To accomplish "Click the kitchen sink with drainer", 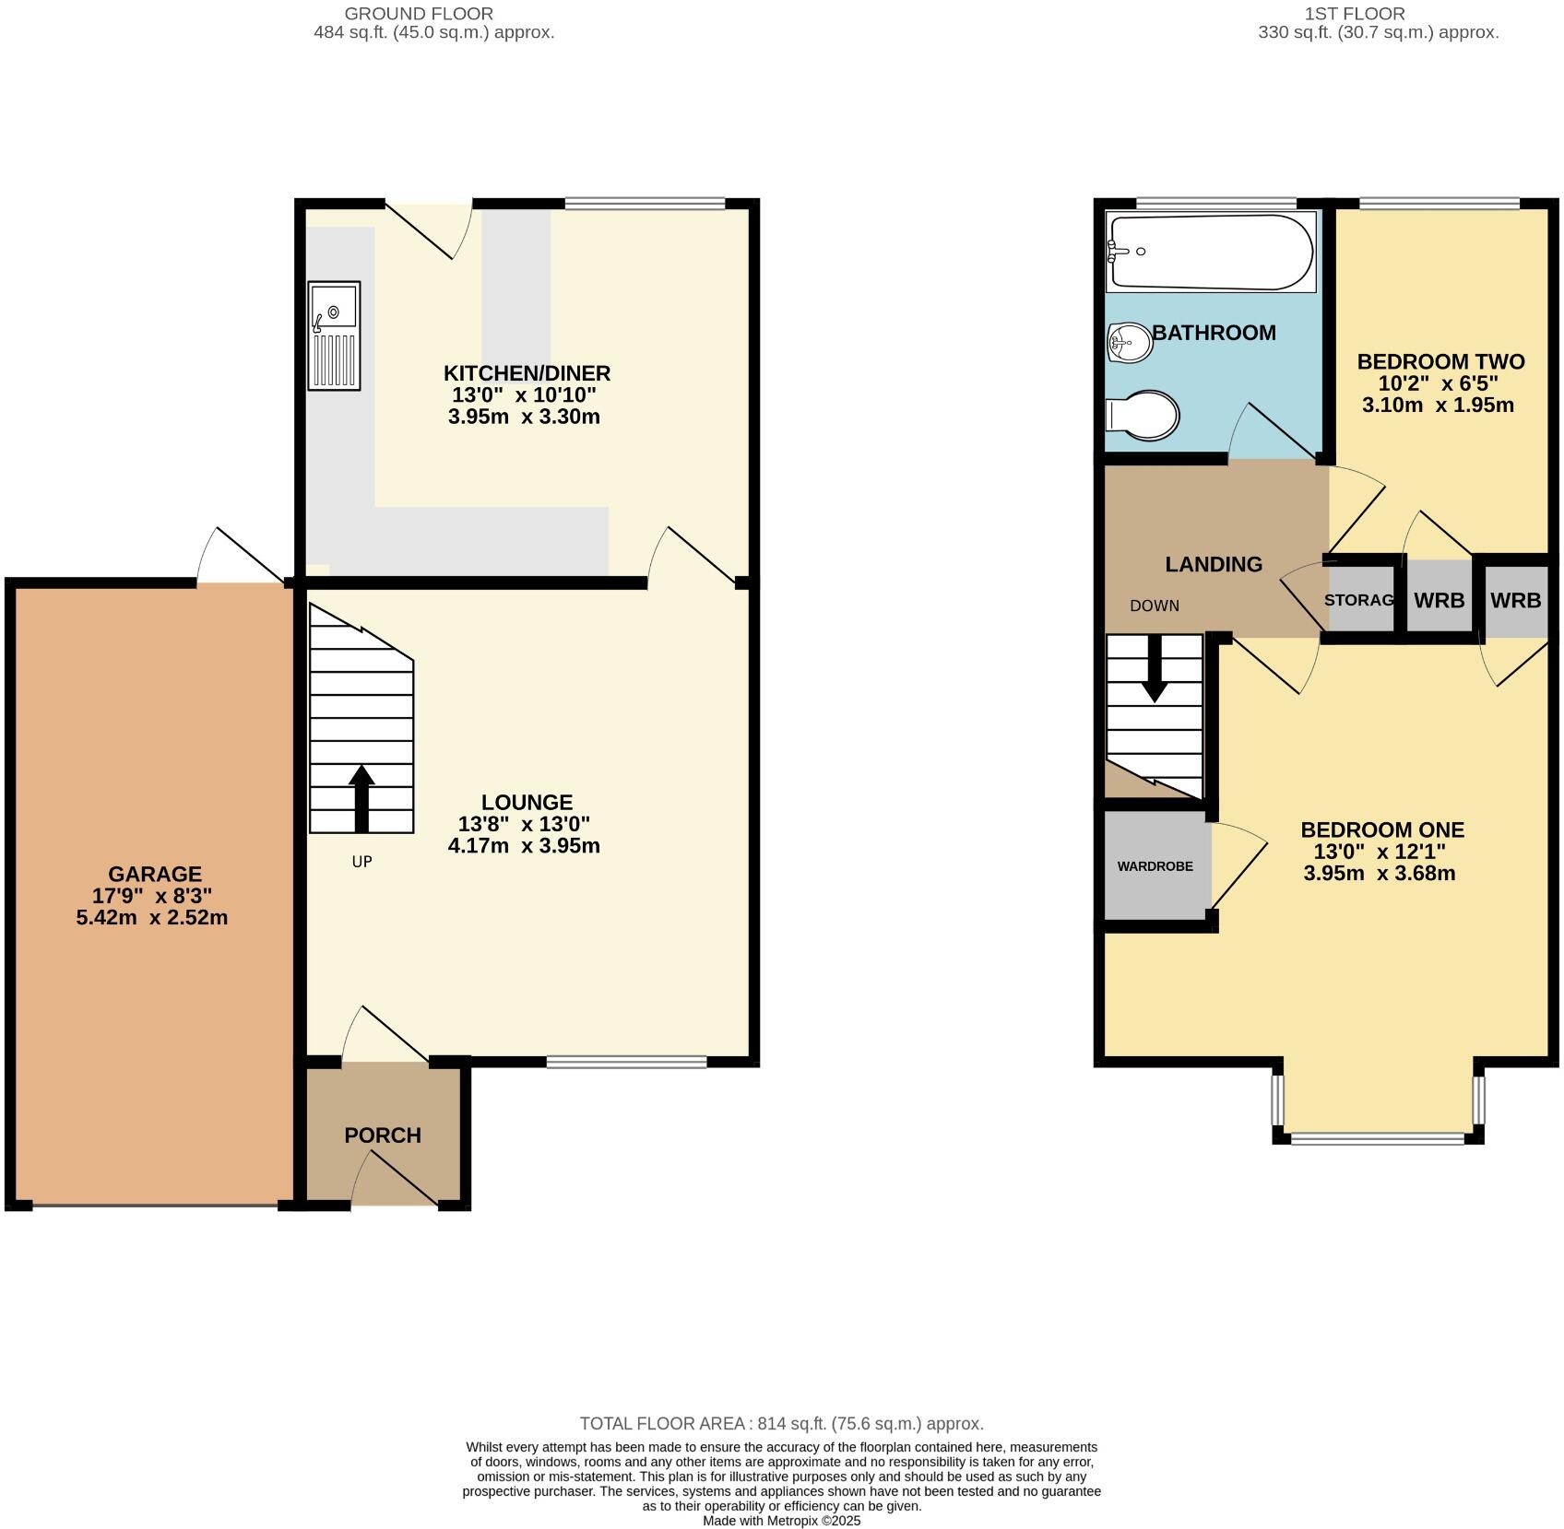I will click(334, 336).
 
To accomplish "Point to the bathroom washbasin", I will click(1130, 343).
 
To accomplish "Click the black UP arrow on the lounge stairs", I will click(361, 799).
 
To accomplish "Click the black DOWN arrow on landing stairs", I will click(1154, 670).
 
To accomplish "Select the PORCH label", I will click(383, 1135).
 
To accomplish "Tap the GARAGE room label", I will click(155, 874).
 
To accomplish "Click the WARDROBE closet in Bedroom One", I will click(1155, 866).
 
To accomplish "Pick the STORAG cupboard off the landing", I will click(1359, 601).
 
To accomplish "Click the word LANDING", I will click(1214, 564).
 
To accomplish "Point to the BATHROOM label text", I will click(1214, 333).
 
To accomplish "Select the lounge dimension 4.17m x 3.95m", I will click(524, 846).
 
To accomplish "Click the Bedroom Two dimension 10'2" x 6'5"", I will click(1438, 383).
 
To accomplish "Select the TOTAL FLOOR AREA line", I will click(781, 1424).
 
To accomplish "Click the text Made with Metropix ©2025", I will click(781, 1521).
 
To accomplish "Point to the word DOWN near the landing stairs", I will click(1155, 606).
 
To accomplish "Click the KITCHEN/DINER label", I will click(527, 373).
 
